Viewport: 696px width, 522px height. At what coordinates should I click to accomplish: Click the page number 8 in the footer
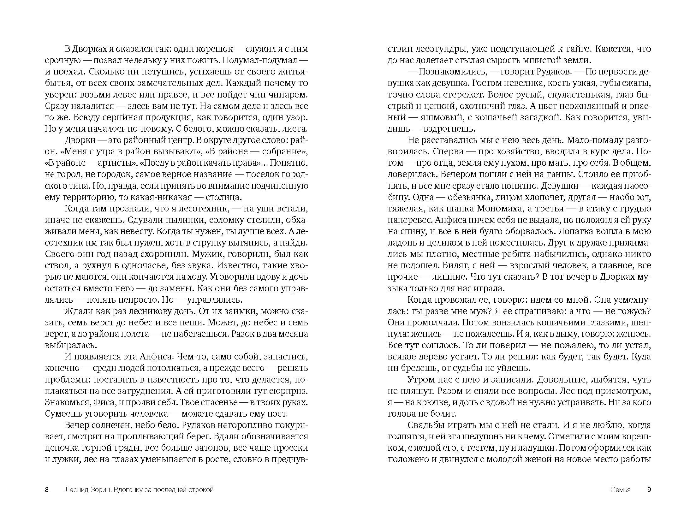pos(47,489)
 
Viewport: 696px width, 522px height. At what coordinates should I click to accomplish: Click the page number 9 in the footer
pos(649,489)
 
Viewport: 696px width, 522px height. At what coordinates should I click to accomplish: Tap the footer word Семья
pos(621,489)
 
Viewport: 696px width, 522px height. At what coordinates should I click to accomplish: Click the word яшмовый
pos(440,118)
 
